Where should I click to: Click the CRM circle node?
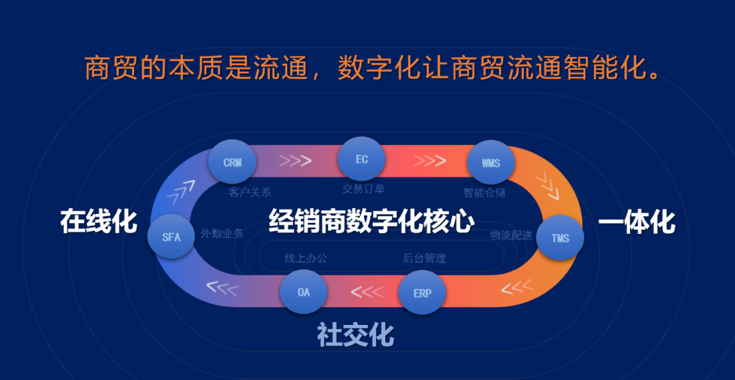[232, 163]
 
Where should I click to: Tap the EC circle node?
[361, 159]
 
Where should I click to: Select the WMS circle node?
[490, 163]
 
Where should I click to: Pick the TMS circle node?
[560, 239]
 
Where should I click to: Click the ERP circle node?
[422, 294]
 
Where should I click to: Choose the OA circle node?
[304, 292]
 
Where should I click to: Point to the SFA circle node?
[171, 237]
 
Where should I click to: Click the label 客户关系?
[250, 192]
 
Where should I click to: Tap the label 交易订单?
[363, 189]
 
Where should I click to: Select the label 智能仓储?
[485, 192]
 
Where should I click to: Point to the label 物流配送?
[511, 235]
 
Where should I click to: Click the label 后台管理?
[424, 258]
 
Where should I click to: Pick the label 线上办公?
[306, 258]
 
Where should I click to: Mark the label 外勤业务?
[222, 233]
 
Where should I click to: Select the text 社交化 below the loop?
[355, 334]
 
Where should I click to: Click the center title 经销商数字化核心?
[371, 222]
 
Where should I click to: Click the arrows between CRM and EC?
[296, 161]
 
